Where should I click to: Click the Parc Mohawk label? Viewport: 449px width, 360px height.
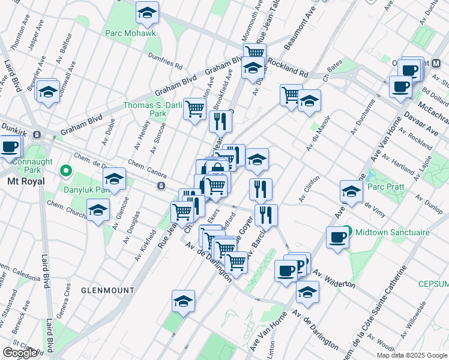[130, 32]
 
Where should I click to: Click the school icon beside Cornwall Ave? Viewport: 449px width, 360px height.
[48, 92]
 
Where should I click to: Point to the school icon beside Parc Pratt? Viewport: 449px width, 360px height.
[351, 191]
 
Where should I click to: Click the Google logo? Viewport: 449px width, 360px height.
[19, 353]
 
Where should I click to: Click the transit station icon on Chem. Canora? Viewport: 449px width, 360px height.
[161, 187]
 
